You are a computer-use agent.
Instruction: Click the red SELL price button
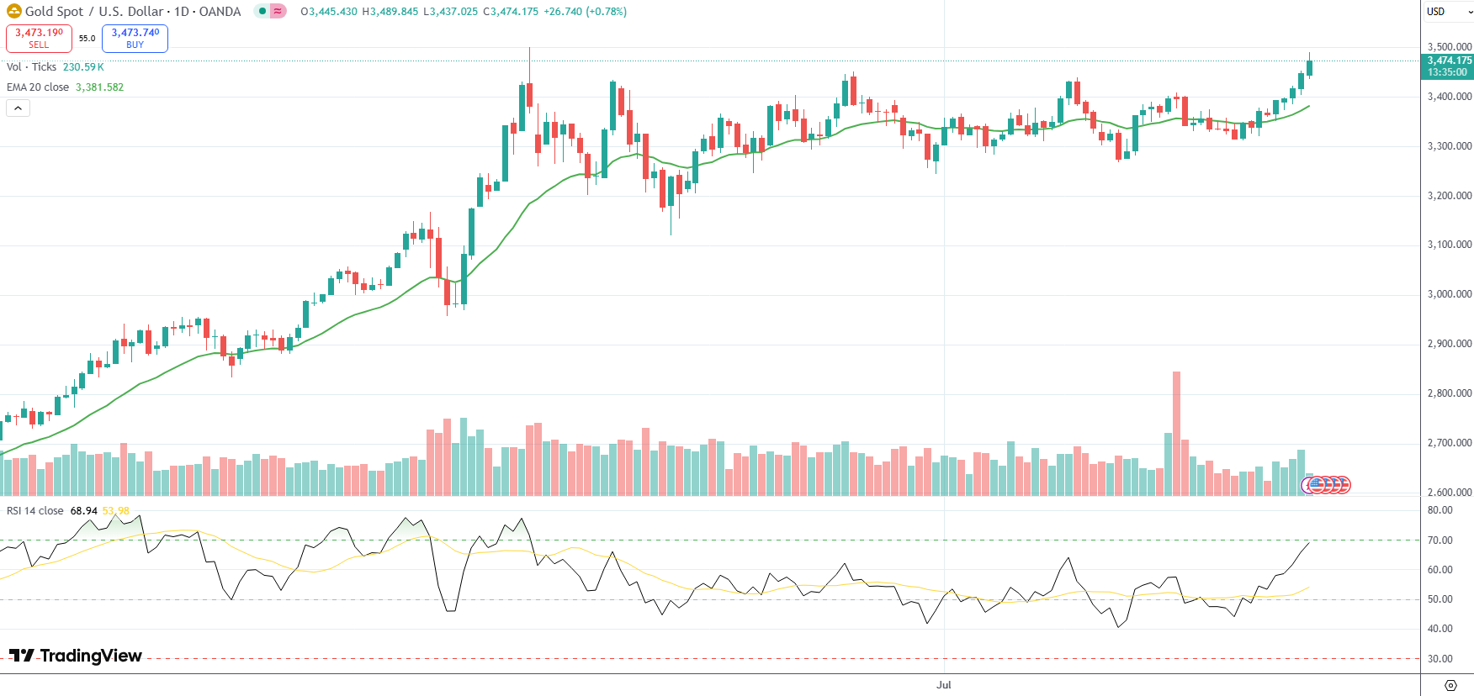(x=39, y=38)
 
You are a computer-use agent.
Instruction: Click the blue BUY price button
(x=135, y=38)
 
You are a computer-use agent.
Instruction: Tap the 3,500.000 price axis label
(x=1450, y=47)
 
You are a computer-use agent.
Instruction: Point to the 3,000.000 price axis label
(x=1450, y=294)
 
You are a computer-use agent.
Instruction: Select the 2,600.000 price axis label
(x=1450, y=493)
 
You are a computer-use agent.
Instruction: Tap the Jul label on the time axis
(x=944, y=685)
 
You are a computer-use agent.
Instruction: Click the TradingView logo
(x=76, y=656)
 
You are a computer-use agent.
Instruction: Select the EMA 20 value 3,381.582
(x=99, y=87)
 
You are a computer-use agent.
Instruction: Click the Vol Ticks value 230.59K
(x=83, y=67)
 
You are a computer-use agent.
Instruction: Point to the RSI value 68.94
(x=83, y=511)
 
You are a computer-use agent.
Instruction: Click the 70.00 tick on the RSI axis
(x=1440, y=540)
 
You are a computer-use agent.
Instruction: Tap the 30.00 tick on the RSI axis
(x=1440, y=659)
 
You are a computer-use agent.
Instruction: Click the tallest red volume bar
(x=1176, y=433)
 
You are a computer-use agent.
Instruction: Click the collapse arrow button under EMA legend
(x=18, y=108)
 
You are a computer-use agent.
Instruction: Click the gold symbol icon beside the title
(x=13, y=12)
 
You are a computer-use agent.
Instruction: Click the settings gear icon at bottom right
(x=1450, y=685)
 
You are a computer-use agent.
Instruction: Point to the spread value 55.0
(x=87, y=38)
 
